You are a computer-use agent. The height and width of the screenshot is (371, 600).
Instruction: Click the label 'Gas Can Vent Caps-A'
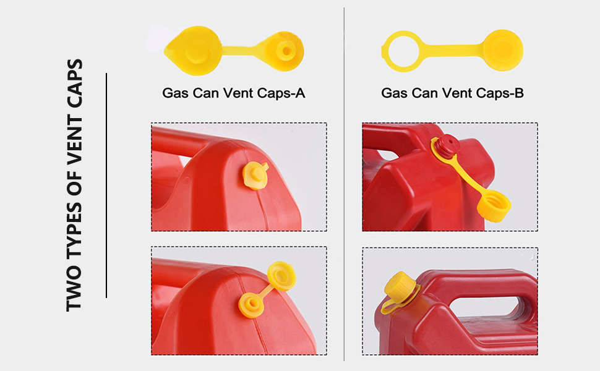pyautogui.click(x=233, y=93)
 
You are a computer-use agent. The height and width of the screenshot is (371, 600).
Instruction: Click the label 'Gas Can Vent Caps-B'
pyautogui.click(x=452, y=93)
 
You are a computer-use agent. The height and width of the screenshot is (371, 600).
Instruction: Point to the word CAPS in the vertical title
pyautogui.click(x=75, y=81)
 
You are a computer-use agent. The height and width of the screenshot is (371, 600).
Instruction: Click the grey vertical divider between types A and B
pyautogui.click(x=344, y=185)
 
